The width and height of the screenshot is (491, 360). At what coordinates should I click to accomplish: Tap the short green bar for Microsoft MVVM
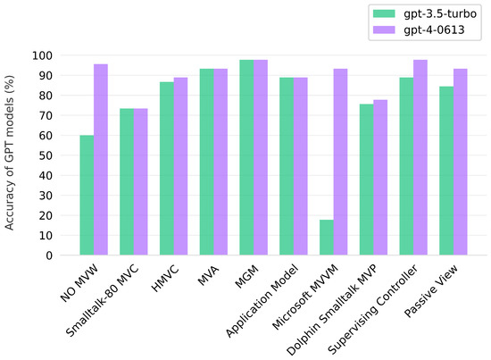click(327, 237)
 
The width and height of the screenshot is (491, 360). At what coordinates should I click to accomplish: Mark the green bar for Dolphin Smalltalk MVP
click(366, 179)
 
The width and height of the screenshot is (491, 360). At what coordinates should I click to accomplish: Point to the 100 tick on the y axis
click(46, 55)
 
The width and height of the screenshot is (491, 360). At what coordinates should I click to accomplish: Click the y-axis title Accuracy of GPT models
click(12, 154)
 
